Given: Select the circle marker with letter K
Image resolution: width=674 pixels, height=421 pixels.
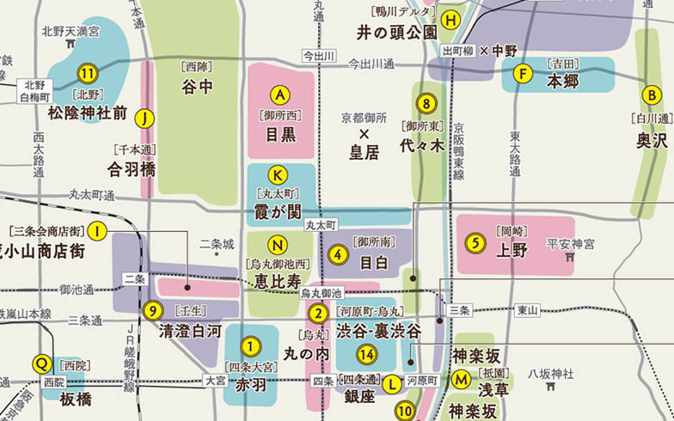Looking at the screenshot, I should tap(277, 175).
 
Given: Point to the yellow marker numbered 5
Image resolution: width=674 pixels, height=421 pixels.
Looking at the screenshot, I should tap(475, 243).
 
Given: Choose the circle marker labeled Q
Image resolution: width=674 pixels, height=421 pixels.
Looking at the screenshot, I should tap(41, 363).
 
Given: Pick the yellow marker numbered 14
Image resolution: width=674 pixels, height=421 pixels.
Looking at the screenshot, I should tap(367, 355).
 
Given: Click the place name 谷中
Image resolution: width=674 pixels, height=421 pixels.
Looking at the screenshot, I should tap(197, 87).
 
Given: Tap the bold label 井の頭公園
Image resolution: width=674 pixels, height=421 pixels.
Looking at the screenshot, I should tap(397, 33).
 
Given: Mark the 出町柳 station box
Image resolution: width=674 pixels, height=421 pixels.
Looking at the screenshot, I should tap(455, 51).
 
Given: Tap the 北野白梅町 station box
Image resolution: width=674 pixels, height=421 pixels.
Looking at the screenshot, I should tap(38, 90).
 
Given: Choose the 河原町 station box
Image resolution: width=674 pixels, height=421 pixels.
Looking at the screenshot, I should tap(422, 380).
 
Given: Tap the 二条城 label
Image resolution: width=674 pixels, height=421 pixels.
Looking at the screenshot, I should tap(216, 244).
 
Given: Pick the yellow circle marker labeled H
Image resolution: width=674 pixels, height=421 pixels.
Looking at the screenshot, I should tap(450, 20).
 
